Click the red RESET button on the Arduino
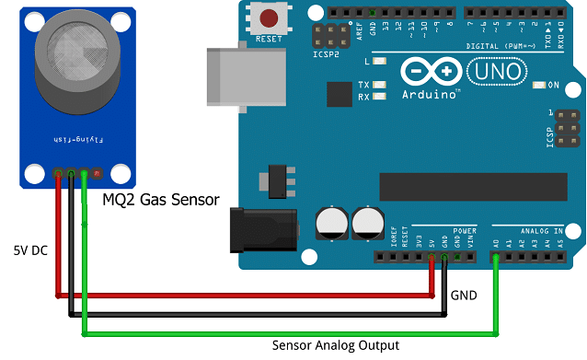270,18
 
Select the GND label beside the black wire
464,296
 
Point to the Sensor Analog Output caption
336,346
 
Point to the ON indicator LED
540,86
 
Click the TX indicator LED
378,86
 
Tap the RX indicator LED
378,97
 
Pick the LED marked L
378,62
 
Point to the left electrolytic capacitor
329,222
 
